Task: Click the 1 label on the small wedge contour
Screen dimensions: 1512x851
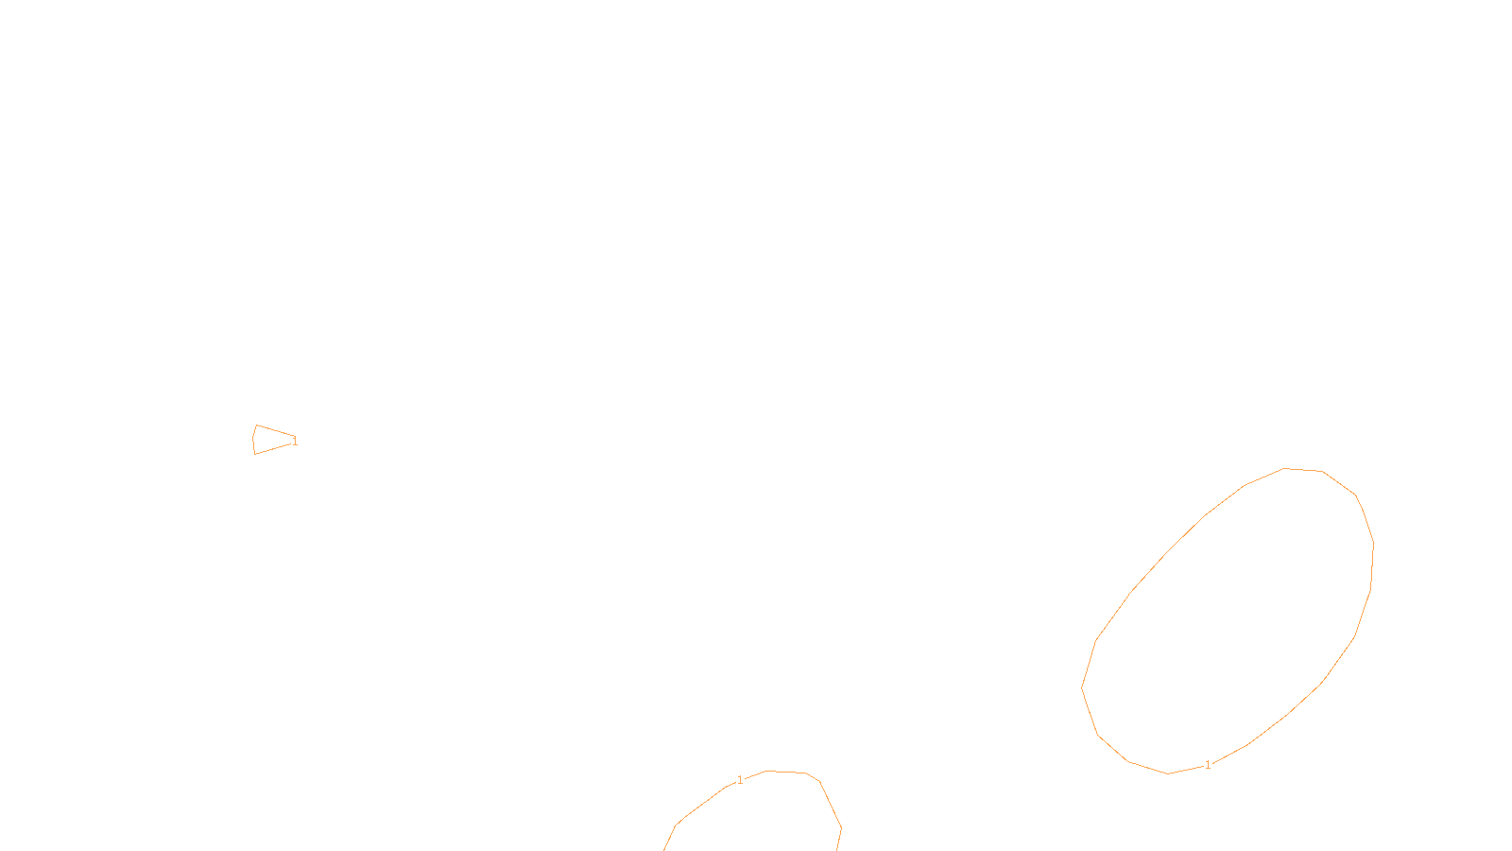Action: click(295, 441)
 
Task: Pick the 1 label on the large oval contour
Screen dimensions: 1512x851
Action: click(1208, 765)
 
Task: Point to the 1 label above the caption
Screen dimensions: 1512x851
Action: click(740, 780)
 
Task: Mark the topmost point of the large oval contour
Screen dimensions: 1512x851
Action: click(1285, 468)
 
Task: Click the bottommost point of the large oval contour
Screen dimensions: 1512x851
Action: click(1168, 774)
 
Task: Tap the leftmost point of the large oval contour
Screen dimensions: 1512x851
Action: click(1082, 687)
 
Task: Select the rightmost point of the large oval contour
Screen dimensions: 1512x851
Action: click(1373, 544)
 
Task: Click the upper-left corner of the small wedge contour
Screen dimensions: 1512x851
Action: click(256, 425)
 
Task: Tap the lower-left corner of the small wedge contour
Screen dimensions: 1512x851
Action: click(255, 454)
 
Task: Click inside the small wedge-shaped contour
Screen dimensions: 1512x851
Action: click(269, 440)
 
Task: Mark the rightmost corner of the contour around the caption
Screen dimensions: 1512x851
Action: click(841, 829)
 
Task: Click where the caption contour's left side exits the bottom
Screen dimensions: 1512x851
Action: click(664, 849)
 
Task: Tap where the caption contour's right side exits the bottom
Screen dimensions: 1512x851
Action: click(837, 849)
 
